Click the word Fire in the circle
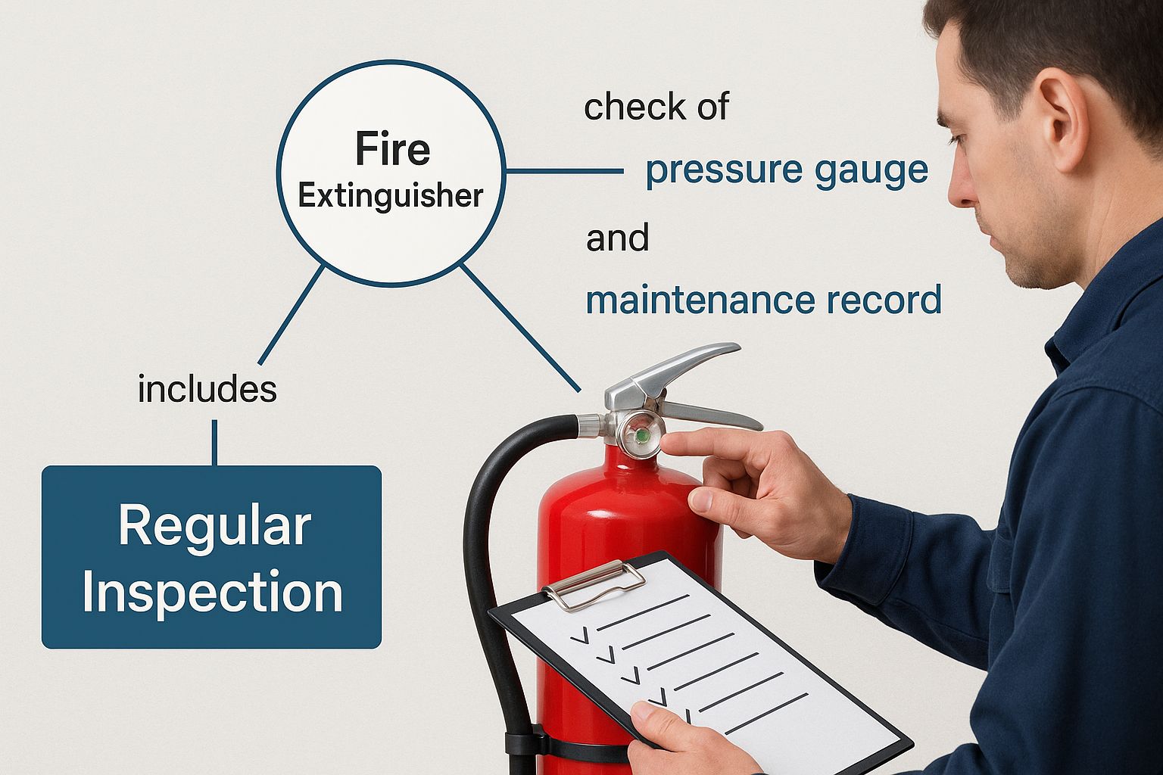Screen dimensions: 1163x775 click(392, 149)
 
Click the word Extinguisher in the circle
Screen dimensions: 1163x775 click(391, 196)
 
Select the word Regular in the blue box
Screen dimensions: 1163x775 click(214, 528)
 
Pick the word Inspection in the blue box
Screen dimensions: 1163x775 click(212, 592)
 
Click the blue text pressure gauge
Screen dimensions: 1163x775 click(787, 171)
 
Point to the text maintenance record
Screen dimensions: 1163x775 click(764, 300)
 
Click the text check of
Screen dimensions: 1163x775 click(656, 107)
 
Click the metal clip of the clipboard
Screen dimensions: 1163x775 click(594, 584)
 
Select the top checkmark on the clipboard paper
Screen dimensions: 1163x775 click(580, 636)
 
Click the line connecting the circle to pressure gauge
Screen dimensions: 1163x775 click(564, 170)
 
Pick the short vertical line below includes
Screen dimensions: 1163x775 click(214, 442)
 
